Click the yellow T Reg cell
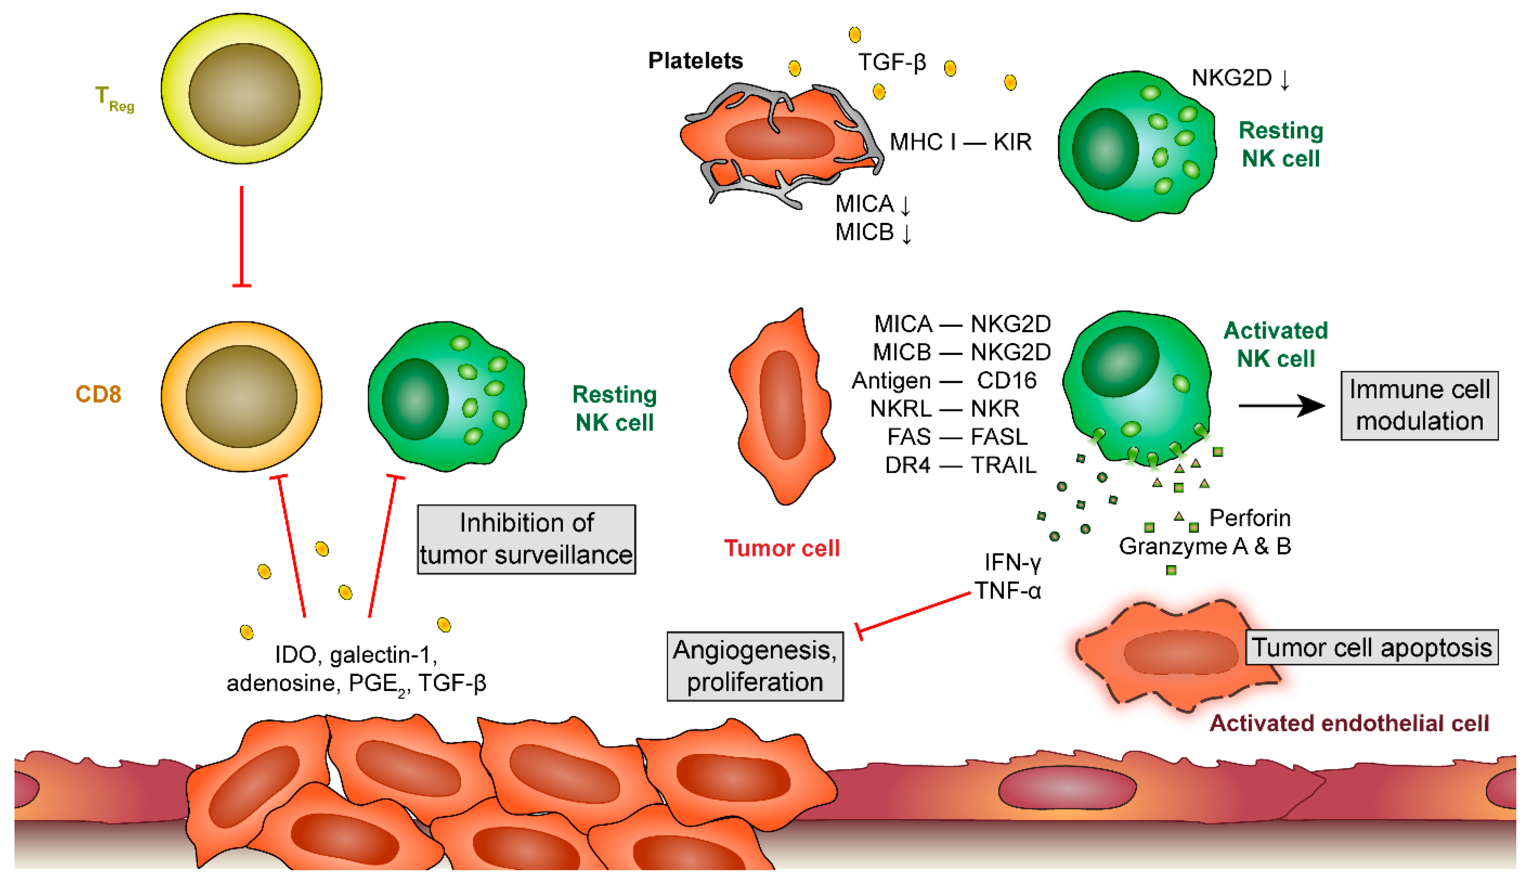click(241, 89)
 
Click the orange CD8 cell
click(241, 396)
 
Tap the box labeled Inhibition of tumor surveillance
click(526, 539)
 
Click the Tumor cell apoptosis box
click(1371, 648)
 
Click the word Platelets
click(695, 61)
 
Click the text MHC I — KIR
click(960, 142)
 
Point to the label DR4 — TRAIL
click(960, 465)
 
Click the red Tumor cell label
click(782, 548)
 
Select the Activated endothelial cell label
click(1349, 724)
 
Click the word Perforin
click(1250, 518)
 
